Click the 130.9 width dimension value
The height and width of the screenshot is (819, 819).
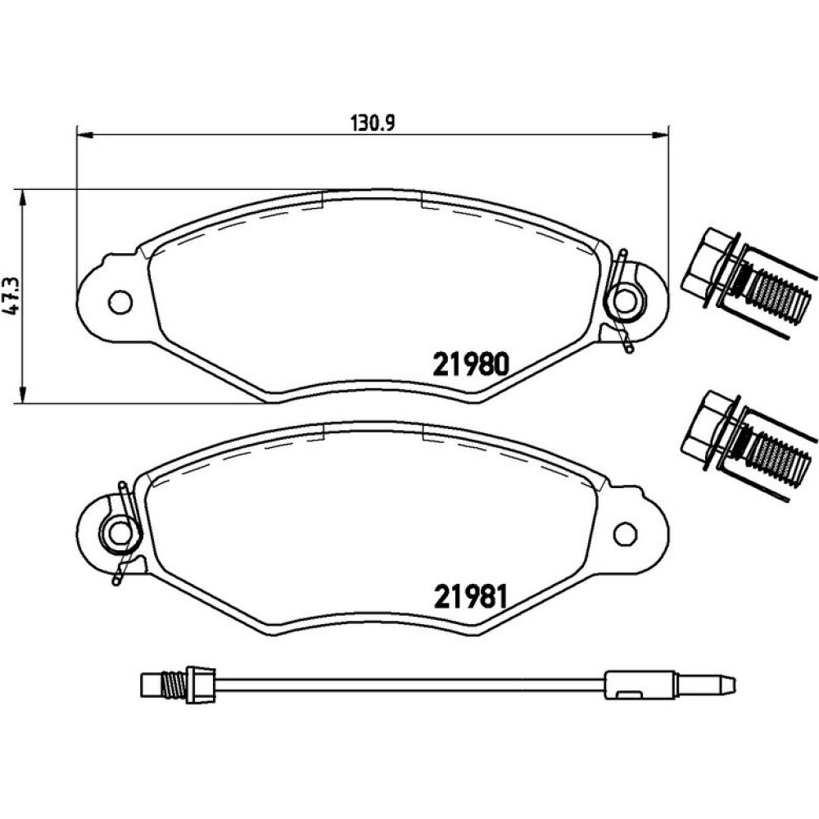(x=373, y=124)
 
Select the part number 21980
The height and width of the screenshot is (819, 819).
(x=470, y=364)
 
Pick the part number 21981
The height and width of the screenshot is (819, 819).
(x=470, y=597)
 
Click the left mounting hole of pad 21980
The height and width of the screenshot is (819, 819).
(x=120, y=301)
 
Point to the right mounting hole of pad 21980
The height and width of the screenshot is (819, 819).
(x=625, y=301)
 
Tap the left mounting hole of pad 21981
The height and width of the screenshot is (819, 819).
(x=120, y=534)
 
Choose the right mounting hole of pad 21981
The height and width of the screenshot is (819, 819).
(x=625, y=534)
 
